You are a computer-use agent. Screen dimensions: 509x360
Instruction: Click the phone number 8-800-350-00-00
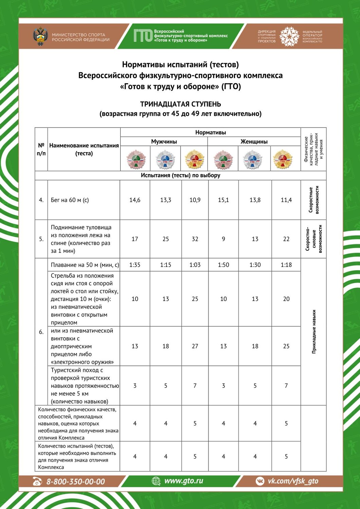[x=75, y=482]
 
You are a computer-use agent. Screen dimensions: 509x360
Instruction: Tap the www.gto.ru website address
[x=183, y=481]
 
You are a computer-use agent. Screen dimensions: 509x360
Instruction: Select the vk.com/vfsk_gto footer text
[x=293, y=481]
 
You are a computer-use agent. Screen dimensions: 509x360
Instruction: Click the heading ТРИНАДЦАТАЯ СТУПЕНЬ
[x=180, y=104]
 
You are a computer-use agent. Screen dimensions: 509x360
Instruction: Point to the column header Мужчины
[x=164, y=142]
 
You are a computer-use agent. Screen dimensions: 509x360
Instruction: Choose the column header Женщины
[x=254, y=142]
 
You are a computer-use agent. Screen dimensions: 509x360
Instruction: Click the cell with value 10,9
[x=195, y=200]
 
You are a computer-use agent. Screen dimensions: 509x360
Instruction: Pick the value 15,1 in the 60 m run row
[x=223, y=200]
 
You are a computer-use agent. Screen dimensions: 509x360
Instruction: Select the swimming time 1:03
[x=195, y=265]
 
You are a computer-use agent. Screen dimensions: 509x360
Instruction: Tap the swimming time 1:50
[x=223, y=265]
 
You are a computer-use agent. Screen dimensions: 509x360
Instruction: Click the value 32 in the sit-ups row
[x=195, y=239]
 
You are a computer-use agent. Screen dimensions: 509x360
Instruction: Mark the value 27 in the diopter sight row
[x=195, y=346]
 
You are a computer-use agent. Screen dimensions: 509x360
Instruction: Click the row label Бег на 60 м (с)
[x=70, y=200]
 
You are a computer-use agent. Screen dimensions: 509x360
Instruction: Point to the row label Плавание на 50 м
[x=85, y=265]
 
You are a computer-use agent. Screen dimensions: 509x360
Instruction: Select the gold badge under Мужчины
[x=194, y=159]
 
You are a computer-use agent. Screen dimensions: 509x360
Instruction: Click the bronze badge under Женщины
[x=223, y=159]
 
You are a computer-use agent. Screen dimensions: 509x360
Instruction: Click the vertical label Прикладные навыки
[x=314, y=332]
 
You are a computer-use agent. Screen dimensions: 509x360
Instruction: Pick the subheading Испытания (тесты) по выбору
[x=180, y=175]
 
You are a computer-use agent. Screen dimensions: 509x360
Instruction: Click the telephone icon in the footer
[x=37, y=481]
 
